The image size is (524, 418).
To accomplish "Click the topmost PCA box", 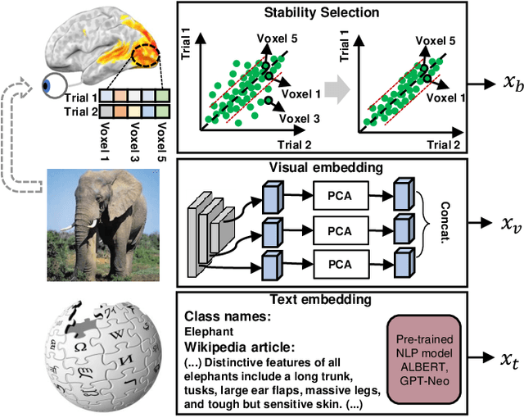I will point(337,196).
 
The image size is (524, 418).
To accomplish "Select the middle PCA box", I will point(337,230).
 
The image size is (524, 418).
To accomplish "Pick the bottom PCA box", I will point(337,265).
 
